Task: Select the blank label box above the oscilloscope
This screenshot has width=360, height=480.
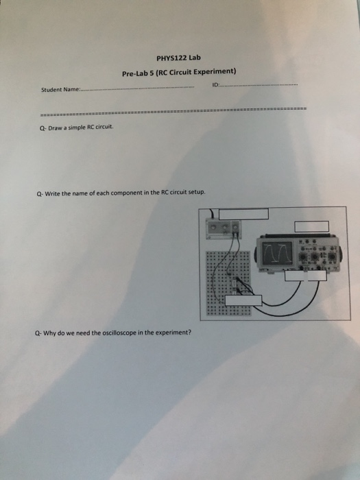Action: [311, 226]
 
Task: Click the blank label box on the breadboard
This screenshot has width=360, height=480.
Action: [243, 299]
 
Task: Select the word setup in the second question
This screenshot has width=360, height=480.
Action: [195, 194]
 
